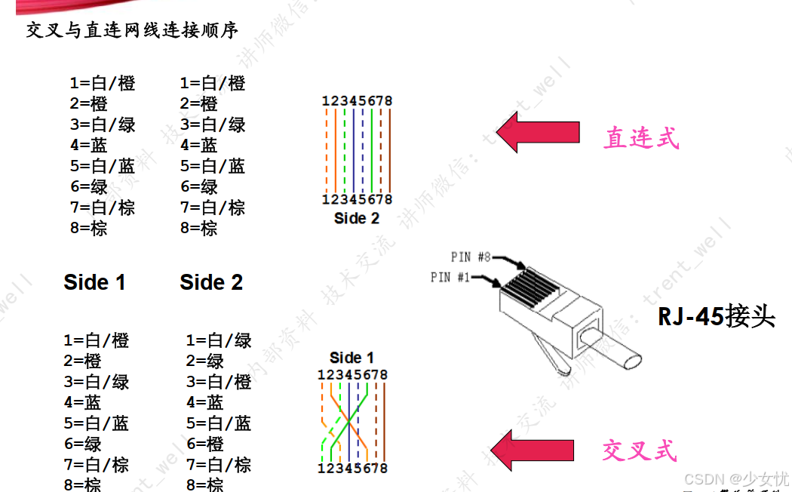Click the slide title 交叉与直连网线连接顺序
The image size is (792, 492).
[132, 30]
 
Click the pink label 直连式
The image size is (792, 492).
[641, 138]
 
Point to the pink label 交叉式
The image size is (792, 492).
[640, 450]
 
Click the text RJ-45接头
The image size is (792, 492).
[717, 315]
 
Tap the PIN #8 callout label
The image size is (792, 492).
[471, 257]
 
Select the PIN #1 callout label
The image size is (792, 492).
[450, 278]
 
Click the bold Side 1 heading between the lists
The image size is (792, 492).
[94, 282]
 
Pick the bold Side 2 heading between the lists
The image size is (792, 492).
[211, 282]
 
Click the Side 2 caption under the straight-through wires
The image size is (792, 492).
[357, 219]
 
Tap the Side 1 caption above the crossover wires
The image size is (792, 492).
[351, 358]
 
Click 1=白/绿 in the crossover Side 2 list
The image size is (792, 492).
[219, 341]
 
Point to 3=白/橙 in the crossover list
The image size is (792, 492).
[219, 383]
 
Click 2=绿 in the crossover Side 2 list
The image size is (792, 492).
[205, 361]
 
